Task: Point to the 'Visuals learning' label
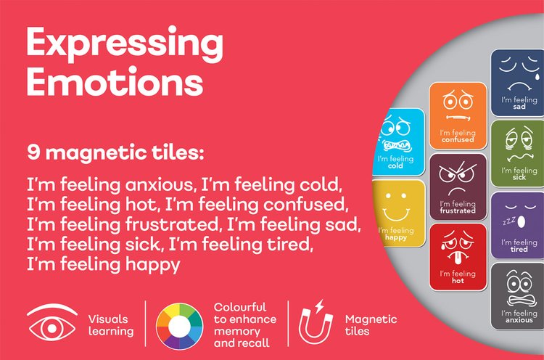pyautogui.click(x=110, y=324)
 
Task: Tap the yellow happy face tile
pyautogui.click(x=399, y=210)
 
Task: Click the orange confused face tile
pyautogui.click(x=457, y=116)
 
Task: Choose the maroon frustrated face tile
pyautogui.click(x=457, y=186)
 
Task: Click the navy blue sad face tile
pyautogui.click(x=519, y=81)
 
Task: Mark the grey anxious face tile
pyautogui.click(x=519, y=295)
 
